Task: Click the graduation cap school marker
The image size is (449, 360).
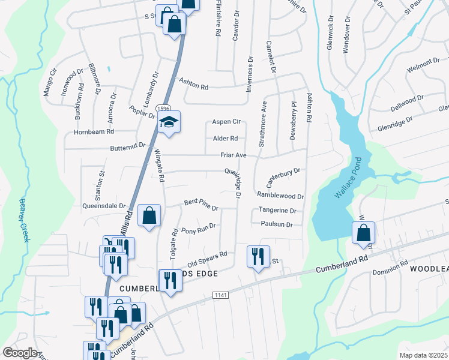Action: click(169, 123)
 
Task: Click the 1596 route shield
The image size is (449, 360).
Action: click(162, 108)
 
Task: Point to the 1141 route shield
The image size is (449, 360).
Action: click(220, 295)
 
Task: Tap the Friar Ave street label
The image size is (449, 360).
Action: click(234, 155)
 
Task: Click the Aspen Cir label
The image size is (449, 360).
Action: click(227, 121)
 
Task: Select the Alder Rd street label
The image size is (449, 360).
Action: click(226, 138)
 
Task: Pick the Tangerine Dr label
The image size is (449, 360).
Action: click(277, 211)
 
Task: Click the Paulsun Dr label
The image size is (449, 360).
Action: click(277, 224)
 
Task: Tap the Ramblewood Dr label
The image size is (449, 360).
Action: click(280, 196)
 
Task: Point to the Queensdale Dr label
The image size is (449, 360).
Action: click(103, 205)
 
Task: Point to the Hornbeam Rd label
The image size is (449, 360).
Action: click(97, 131)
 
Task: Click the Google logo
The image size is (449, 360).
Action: click(20, 353)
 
